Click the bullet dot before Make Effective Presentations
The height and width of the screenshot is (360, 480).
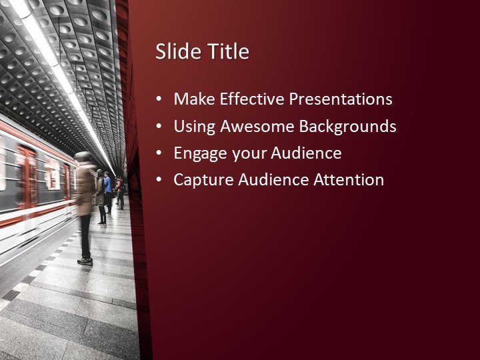point(159,99)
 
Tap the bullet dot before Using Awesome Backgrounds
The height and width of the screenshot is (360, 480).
point(159,126)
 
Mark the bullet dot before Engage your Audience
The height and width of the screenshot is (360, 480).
point(159,153)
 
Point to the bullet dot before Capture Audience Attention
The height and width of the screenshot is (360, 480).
point(159,180)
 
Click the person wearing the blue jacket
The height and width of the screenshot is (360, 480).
point(108,187)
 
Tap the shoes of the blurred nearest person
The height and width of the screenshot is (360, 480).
point(85,261)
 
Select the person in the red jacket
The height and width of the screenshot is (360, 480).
point(119,191)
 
